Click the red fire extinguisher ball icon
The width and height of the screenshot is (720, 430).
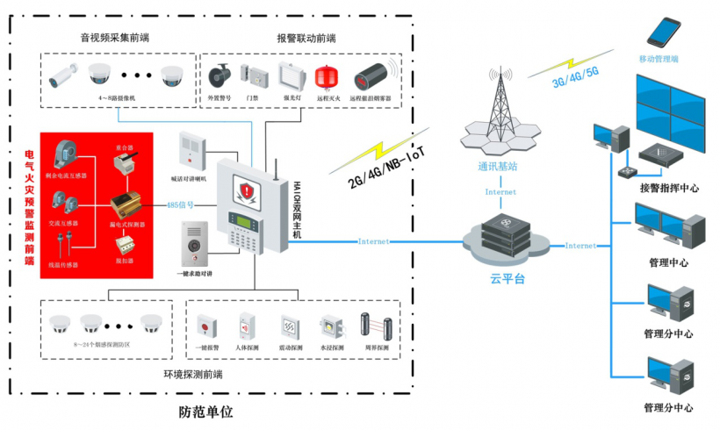click(x=328, y=74)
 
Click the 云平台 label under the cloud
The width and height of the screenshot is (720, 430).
click(x=507, y=279)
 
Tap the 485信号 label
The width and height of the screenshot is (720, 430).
click(x=182, y=204)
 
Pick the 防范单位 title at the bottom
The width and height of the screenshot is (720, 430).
click(x=207, y=411)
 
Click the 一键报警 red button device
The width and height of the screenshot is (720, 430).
click(x=207, y=326)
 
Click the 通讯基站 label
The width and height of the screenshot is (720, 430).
click(x=497, y=165)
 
